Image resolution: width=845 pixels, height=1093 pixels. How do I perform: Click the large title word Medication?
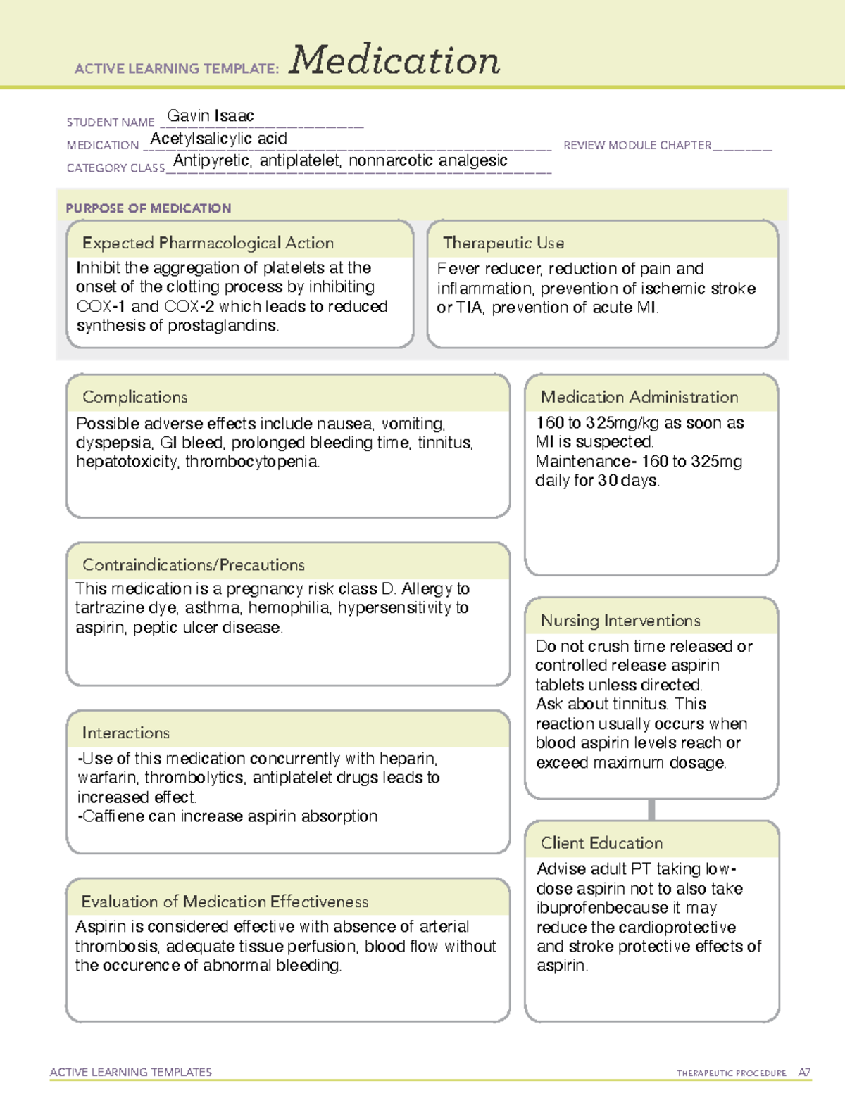[x=394, y=61]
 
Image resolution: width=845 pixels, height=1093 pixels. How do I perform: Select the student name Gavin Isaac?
[x=210, y=116]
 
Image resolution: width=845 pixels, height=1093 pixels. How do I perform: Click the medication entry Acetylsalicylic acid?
[x=218, y=139]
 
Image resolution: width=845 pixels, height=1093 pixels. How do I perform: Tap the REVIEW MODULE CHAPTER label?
[x=637, y=145]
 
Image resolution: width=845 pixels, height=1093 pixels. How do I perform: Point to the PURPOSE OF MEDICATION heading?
[x=148, y=208]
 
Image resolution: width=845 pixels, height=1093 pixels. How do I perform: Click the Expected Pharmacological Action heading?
[x=208, y=243]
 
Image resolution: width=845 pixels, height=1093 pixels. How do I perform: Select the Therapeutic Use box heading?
[x=503, y=243]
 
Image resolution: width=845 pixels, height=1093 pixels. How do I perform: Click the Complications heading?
[x=134, y=397]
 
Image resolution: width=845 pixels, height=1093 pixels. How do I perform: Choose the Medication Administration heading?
[x=639, y=397]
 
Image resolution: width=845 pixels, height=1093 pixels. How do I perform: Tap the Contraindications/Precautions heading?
[x=193, y=564]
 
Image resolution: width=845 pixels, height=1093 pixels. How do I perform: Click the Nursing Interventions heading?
[x=620, y=620]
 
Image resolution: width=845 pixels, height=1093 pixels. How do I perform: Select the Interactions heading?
[x=125, y=733]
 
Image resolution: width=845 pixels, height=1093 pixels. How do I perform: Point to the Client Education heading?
[x=601, y=842]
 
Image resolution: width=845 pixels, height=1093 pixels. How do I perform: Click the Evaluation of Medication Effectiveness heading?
[x=225, y=902]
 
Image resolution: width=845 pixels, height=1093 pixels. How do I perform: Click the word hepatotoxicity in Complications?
[x=127, y=462]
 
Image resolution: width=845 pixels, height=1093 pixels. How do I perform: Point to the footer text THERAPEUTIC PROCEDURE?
[x=731, y=1073]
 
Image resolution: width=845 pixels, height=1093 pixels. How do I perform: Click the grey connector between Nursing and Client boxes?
[x=651, y=809]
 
